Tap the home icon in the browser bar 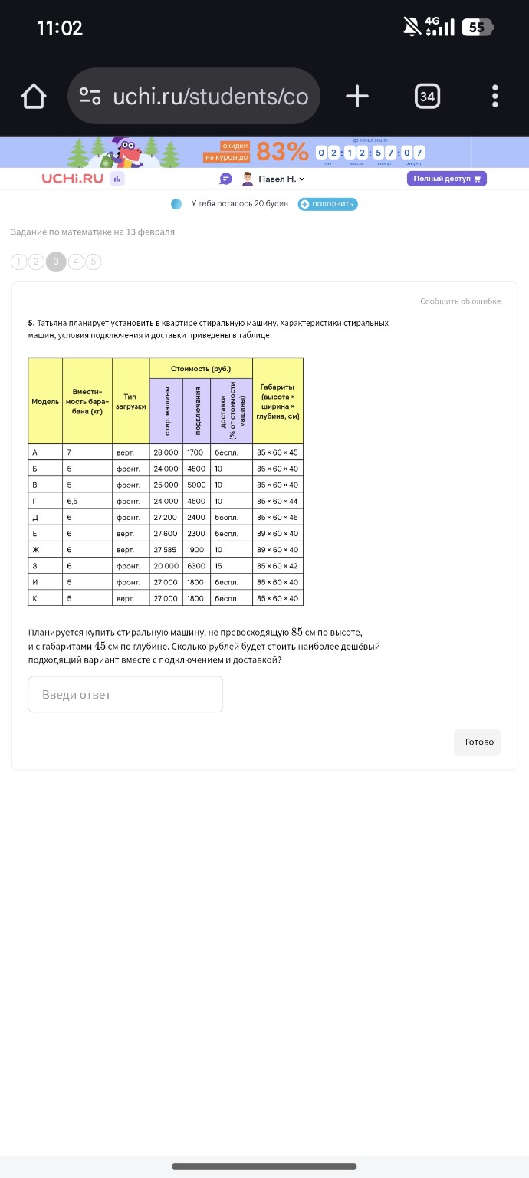click(34, 97)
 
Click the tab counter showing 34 click(427, 97)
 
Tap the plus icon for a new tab click(357, 97)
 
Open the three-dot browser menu click(495, 97)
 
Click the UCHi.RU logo click(72, 179)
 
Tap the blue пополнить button click(328, 204)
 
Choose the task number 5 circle click(94, 262)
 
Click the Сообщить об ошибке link click(460, 301)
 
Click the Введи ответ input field click(126, 695)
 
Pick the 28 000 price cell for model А click(166, 452)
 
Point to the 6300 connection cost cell click(196, 566)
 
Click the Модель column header click(45, 402)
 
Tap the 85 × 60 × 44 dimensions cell click(278, 502)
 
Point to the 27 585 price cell click(166, 550)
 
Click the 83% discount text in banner click(282, 152)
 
